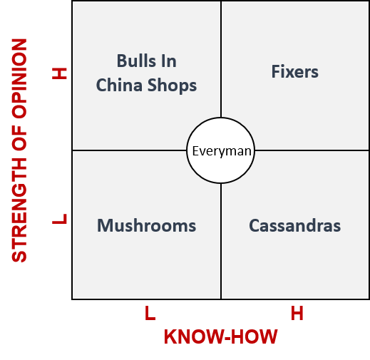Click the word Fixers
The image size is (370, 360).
pos(294,71)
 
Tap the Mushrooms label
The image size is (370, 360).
pos(146,225)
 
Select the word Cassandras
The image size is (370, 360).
pos(294,225)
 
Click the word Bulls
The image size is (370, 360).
pos(136,61)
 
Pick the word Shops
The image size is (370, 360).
pos(172,86)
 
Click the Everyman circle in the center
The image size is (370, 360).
pos(221,150)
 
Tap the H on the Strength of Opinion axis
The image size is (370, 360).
pos(59,73)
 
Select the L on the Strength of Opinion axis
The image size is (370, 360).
pos(59,219)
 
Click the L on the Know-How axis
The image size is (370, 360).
pos(150,313)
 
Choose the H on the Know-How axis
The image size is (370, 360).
pos(297,313)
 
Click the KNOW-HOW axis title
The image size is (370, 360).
pos(220,336)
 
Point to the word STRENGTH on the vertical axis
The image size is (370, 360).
pos(19,210)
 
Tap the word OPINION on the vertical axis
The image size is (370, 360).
pos(19,78)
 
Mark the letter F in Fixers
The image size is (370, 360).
pos(275,71)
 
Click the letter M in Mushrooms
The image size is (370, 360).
pos(104,225)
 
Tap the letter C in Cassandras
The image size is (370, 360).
pos(254,225)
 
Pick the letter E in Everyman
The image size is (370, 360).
pos(195,151)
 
